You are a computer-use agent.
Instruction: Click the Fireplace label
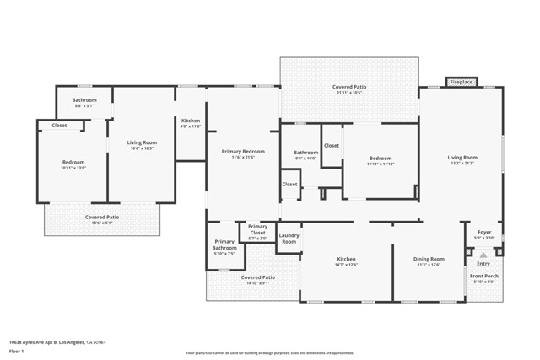pos(461,82)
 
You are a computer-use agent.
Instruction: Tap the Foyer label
pos(484,232)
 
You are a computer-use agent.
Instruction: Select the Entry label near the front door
pos(483,264)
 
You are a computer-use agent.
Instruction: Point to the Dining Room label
pos(429,259)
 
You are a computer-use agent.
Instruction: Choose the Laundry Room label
pos(289,239)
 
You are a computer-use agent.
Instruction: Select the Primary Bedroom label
pos(243,151)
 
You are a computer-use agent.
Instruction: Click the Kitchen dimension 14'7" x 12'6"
pos(346,265)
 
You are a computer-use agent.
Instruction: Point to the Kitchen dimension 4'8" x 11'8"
pos(191,126)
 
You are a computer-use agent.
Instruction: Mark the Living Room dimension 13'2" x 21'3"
pos(462,164)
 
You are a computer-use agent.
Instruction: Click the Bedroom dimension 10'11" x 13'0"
pos(73,168)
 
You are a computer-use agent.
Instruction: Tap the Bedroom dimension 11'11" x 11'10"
pos(380,164)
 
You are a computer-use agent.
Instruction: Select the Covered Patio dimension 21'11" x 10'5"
pos(348,92)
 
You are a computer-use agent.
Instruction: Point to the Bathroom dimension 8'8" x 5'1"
pos(84,106)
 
